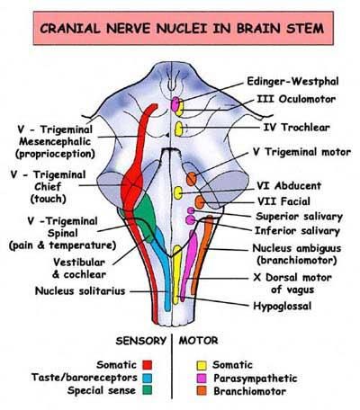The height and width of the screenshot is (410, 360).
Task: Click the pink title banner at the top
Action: click(x=183, y=28)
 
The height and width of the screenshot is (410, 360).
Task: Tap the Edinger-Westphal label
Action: click(x=292, y=81)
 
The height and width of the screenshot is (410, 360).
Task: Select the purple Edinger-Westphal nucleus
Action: click(x=175, y=104)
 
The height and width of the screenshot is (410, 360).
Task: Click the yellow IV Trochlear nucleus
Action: click(x=179, y=129)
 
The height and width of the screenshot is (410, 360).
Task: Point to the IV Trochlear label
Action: click(x=296, y=128)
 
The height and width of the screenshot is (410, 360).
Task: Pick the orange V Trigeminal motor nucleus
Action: click(x=192, y=179)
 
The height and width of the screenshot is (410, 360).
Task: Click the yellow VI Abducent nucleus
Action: click(x=178, y=192)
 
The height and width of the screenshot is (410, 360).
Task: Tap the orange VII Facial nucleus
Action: click(x=200, y=202)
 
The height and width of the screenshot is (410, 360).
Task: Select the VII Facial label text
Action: click(x=283, y=201)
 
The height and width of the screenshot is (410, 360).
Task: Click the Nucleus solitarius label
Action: click(x=80, y=290)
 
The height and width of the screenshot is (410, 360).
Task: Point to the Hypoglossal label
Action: click(x=283, y=306)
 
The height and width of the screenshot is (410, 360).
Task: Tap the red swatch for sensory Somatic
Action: click(x=148, y=365)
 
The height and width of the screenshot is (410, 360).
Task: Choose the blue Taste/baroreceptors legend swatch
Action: click(x=148, y=378)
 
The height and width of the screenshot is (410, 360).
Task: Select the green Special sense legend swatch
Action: click(x=148, y=390)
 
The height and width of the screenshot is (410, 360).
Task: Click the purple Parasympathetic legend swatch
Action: click(x=202, y=379)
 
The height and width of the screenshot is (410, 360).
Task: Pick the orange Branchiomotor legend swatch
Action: click(x=202, y=391)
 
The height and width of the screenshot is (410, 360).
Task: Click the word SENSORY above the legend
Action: click(x=140, y=341)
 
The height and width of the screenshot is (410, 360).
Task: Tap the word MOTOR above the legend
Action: click(x=199, y=341)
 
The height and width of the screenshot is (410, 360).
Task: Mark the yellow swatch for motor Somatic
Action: click(x=202, y=365)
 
